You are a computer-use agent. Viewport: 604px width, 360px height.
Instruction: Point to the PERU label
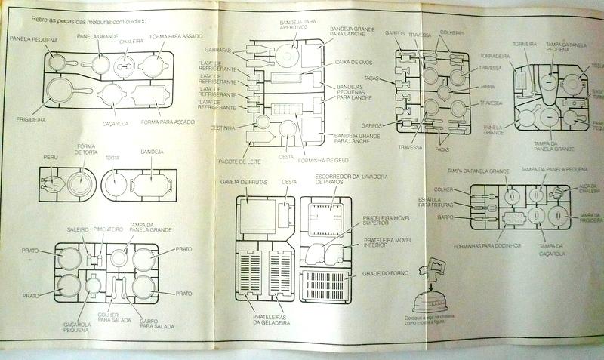51,157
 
